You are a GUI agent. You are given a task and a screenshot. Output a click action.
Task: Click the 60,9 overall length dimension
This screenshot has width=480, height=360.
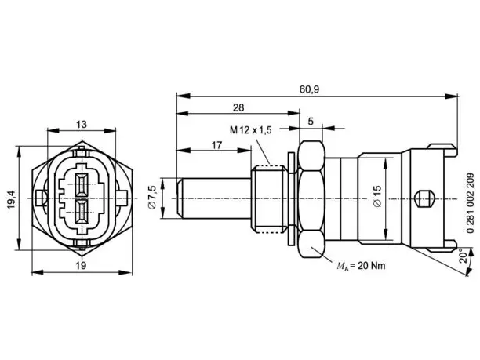tap(309, 89)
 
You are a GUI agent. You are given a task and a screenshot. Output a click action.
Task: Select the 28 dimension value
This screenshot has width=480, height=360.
tap(238, 107)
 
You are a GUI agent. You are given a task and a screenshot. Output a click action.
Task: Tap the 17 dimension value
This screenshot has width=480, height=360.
tap(216, 145)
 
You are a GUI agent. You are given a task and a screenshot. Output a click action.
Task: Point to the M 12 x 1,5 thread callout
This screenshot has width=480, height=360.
tap(251, 130)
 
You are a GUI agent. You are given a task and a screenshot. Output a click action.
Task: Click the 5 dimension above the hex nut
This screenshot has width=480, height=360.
tap(311, 122)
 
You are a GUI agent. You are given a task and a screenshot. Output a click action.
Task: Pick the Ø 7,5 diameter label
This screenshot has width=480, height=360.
tap(152, 197)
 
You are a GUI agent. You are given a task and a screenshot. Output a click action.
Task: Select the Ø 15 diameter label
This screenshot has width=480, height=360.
tap(377, 196)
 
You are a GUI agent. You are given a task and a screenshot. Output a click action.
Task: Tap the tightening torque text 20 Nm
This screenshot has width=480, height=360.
tap(371, 266)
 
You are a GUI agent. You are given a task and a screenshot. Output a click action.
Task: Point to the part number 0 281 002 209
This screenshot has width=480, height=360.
tap(471, 203)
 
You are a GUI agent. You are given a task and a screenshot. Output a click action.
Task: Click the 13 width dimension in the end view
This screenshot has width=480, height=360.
tap(82, 124)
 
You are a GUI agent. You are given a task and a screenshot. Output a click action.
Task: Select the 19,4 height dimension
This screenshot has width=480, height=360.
tap(12, 199)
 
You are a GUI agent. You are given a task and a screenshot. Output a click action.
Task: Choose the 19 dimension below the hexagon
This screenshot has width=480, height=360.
tap(81, 265)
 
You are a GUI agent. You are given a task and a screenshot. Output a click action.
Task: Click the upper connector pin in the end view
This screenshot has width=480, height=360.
tap(82, 185)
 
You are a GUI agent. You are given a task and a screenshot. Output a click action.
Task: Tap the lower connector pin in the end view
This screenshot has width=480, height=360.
tap(82, 213)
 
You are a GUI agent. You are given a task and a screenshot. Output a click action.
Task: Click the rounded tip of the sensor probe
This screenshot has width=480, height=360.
tap(180, 198)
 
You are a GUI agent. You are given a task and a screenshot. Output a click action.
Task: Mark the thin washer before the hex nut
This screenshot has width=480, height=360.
tap(291, 198)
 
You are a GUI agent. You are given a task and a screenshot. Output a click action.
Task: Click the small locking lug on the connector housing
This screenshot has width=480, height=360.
tap(424, 198)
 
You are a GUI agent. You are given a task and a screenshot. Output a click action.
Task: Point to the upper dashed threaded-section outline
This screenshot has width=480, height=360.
tap(269, 165)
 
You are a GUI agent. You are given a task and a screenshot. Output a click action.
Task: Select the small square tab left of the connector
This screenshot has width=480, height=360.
tap(39, 198)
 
